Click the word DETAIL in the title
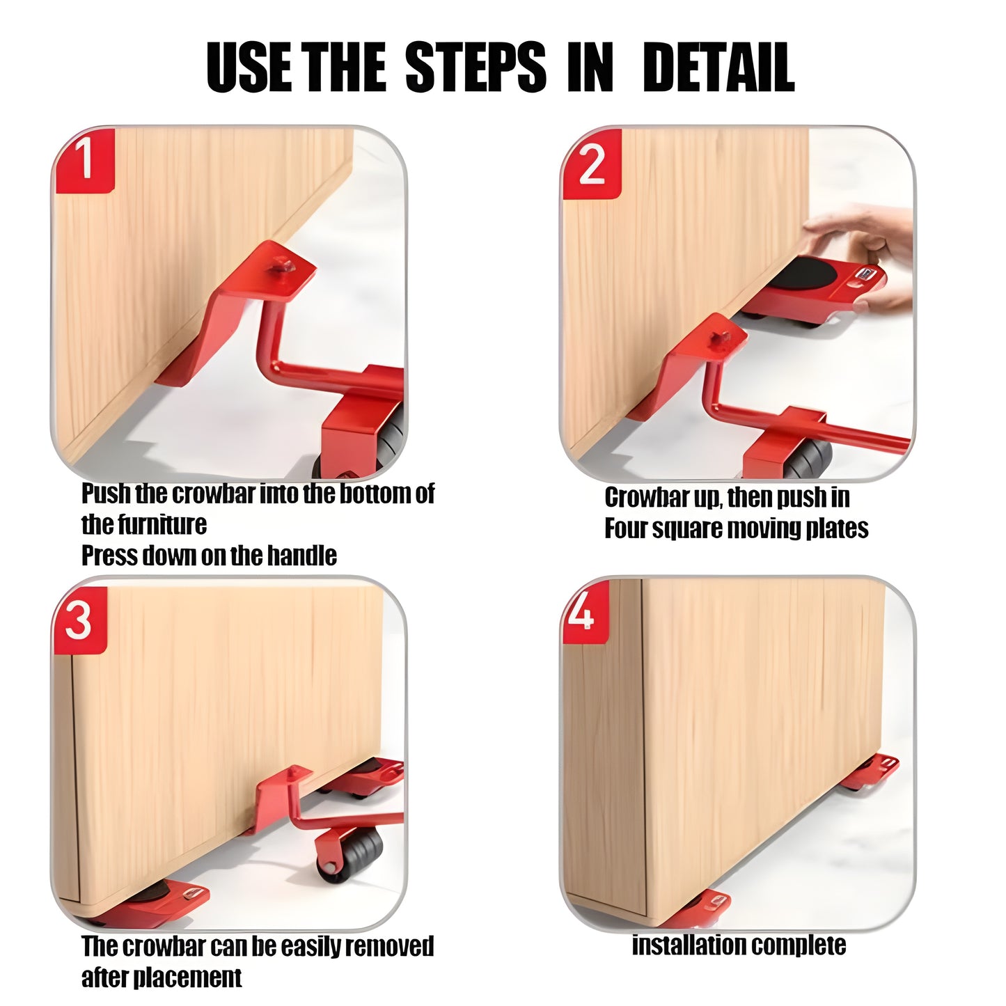(x=718, y=68)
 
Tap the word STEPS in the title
(x=475, y=68)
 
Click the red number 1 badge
(x=84, y=160)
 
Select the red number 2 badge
(x=592, y=164)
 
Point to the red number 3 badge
(x=80, y=621)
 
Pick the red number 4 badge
(x=585, y=611)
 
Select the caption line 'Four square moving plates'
(x=737, y=528)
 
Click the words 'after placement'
(x=162, y=962)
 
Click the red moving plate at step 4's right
(x=870, y=771)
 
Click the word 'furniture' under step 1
(x=144, y=525)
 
